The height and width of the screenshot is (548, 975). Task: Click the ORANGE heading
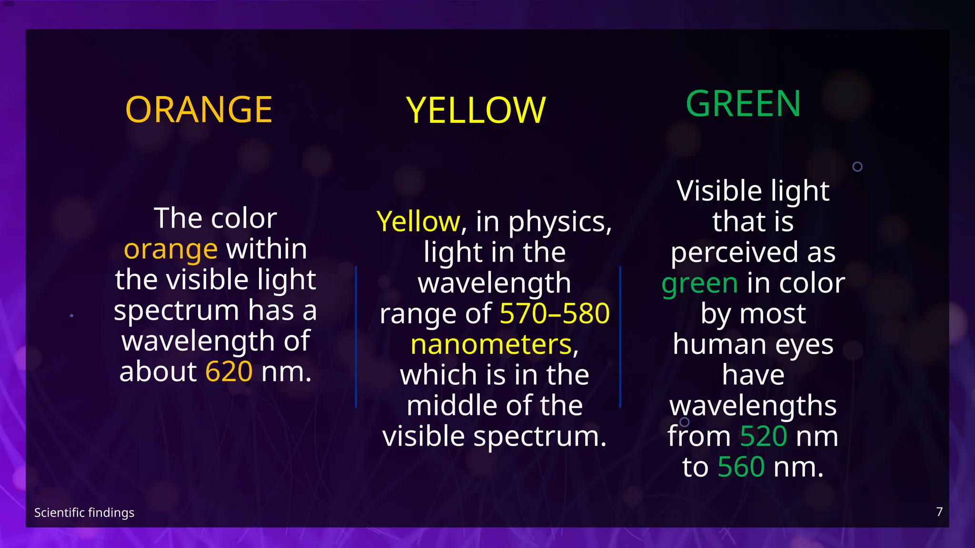[x=199, y=110]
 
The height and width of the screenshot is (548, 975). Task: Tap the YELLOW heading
[x=476, y=111]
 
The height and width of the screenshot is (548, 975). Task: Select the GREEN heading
[x=743, y=104]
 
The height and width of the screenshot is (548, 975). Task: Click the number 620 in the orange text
[x=229, y=372]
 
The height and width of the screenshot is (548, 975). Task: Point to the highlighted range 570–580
[x=555, y=313]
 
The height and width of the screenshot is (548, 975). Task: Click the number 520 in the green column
[x=764, y=436]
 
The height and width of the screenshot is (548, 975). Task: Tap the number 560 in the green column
[x=741, y=467]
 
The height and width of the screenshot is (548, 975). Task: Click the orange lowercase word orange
[x=170, y=249]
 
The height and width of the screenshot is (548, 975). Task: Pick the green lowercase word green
[x=699, y=284]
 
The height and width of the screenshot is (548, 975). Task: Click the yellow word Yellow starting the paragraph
[x=418, y=222]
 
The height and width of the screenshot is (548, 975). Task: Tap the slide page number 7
[x=939, y=512]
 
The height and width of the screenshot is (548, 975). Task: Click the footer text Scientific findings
[x=84, y=513]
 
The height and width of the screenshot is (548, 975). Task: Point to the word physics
[x=559, y=222]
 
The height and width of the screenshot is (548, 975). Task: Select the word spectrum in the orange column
[x=176, y=311]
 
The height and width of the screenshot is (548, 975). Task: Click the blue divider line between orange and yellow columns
[x=356, y=337]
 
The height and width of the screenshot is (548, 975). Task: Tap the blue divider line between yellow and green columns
[x=620, y=337]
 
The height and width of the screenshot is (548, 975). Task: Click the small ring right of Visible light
[x=857, y=167]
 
